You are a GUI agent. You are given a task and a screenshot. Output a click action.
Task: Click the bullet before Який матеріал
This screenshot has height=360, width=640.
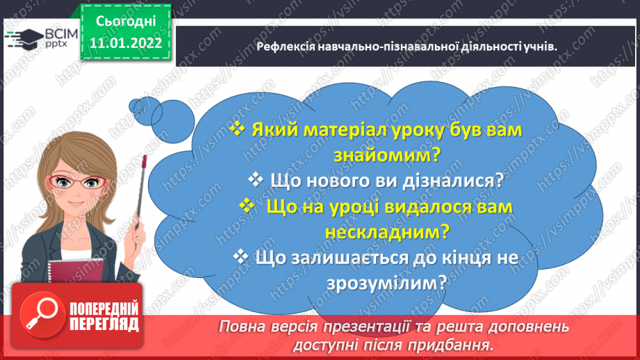tap(237, 130)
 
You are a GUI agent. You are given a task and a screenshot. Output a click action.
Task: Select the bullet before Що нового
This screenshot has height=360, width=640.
tap(255, 179)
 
